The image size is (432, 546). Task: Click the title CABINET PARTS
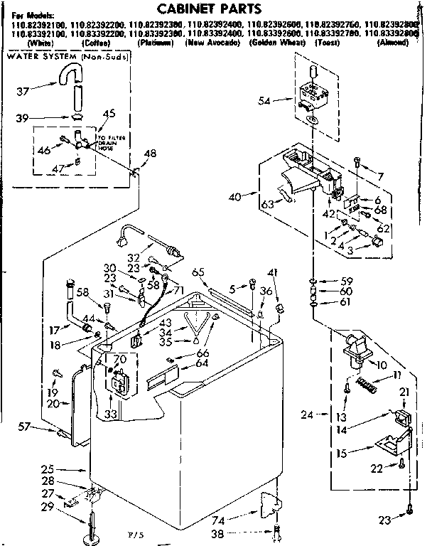coord(210,9)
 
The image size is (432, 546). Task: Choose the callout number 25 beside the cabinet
coord(48,470)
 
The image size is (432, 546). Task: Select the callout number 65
coord(198,272)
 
